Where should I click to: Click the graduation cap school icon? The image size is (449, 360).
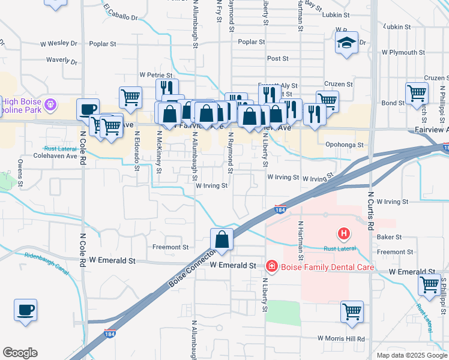pos(346,43)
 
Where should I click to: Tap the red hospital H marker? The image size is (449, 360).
pos(343,233)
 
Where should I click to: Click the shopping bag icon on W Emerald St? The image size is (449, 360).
pos(222,239)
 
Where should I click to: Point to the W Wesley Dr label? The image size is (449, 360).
pos(59,44)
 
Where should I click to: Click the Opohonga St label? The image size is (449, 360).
pos(345,145)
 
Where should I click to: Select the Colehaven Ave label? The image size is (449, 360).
pos(59,156)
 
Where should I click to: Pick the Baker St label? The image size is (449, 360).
pos(389,237)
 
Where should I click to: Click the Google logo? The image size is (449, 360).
pos(20,353)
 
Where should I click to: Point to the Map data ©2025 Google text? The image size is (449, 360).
pos(412,355)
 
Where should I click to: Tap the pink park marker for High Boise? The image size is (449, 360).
pos(50,104)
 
